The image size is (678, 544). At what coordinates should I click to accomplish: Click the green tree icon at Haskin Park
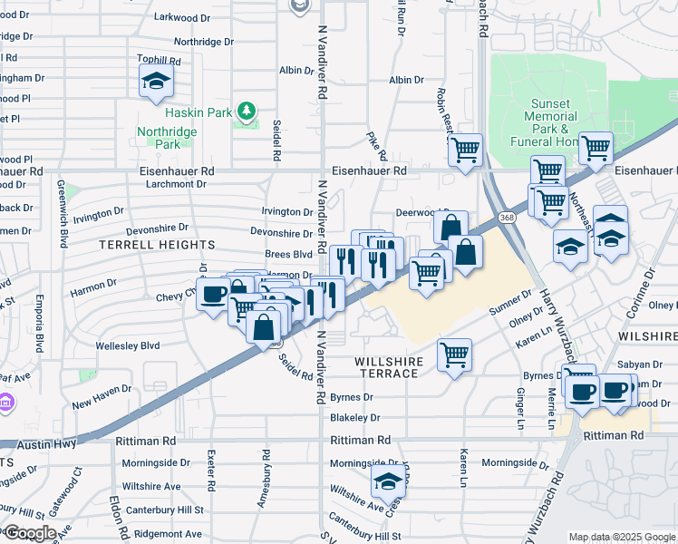point(245,111)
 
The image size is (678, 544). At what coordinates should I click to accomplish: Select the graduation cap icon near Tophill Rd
point(157,83)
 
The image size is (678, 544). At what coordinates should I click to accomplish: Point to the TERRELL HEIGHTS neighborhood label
point(158,245)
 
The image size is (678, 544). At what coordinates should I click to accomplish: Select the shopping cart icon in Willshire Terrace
point(454,354)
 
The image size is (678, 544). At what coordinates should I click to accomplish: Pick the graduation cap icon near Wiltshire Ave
point(388,481)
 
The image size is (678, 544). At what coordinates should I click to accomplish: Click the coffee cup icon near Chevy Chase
point(213,295)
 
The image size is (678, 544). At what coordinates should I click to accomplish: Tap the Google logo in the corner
point(29,533)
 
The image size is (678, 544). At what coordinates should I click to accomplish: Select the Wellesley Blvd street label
point(128,345)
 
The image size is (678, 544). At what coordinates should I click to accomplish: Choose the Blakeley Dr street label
point(354,418)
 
